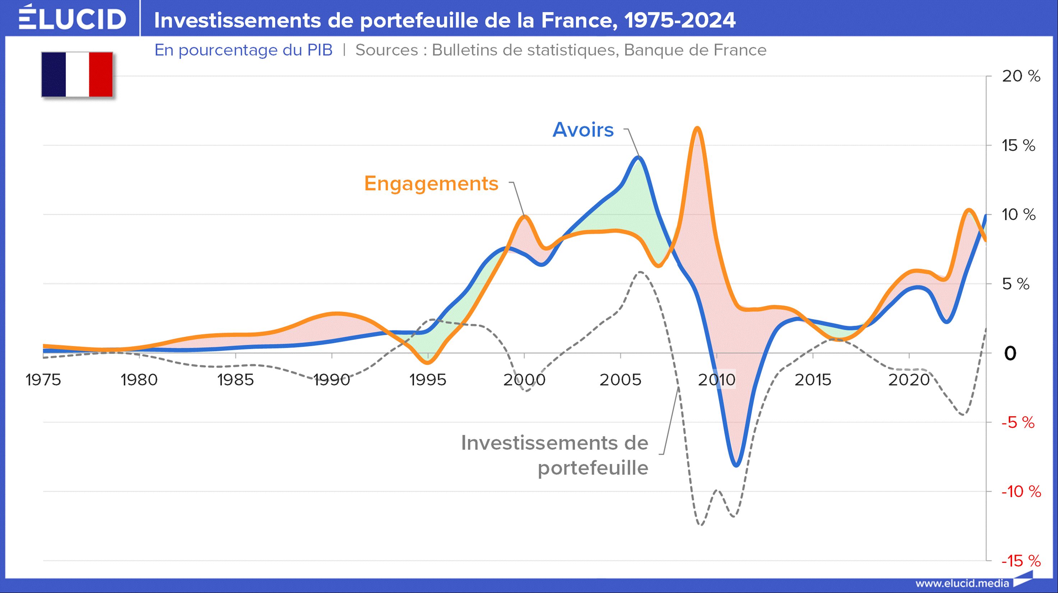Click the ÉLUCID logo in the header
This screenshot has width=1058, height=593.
(x=72, y=18)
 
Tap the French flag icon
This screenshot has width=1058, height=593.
(x=77, y=74)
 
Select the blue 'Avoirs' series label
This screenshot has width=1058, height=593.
(x=583, y=130)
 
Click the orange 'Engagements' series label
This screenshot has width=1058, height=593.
(x=431, y=183)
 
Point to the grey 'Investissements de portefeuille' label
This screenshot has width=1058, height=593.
(x=554, y=455)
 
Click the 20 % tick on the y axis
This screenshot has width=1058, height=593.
(x=1021, y=77)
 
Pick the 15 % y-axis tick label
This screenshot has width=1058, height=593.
(x=1018, y=146)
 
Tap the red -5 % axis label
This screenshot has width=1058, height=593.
(x=1018, y=423)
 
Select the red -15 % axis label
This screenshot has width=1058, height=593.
(x=1020, y=561)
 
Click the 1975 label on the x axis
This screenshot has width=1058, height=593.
(x=43, y=380)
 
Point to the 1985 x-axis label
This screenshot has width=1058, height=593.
(x=235, y=380)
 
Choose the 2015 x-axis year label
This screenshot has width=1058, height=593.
(x=813, y=380)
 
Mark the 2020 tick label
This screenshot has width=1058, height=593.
(x=909, y=380)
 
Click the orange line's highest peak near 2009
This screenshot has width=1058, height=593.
(x=697, y=128)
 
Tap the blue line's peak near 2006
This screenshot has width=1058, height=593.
(x=638, y=157)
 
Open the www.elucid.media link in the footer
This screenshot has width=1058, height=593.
(x=962, y=583)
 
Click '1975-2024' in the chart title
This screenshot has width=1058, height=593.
(x=680, y=20)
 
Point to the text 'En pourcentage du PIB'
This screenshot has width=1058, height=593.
(x=243, y=50)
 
